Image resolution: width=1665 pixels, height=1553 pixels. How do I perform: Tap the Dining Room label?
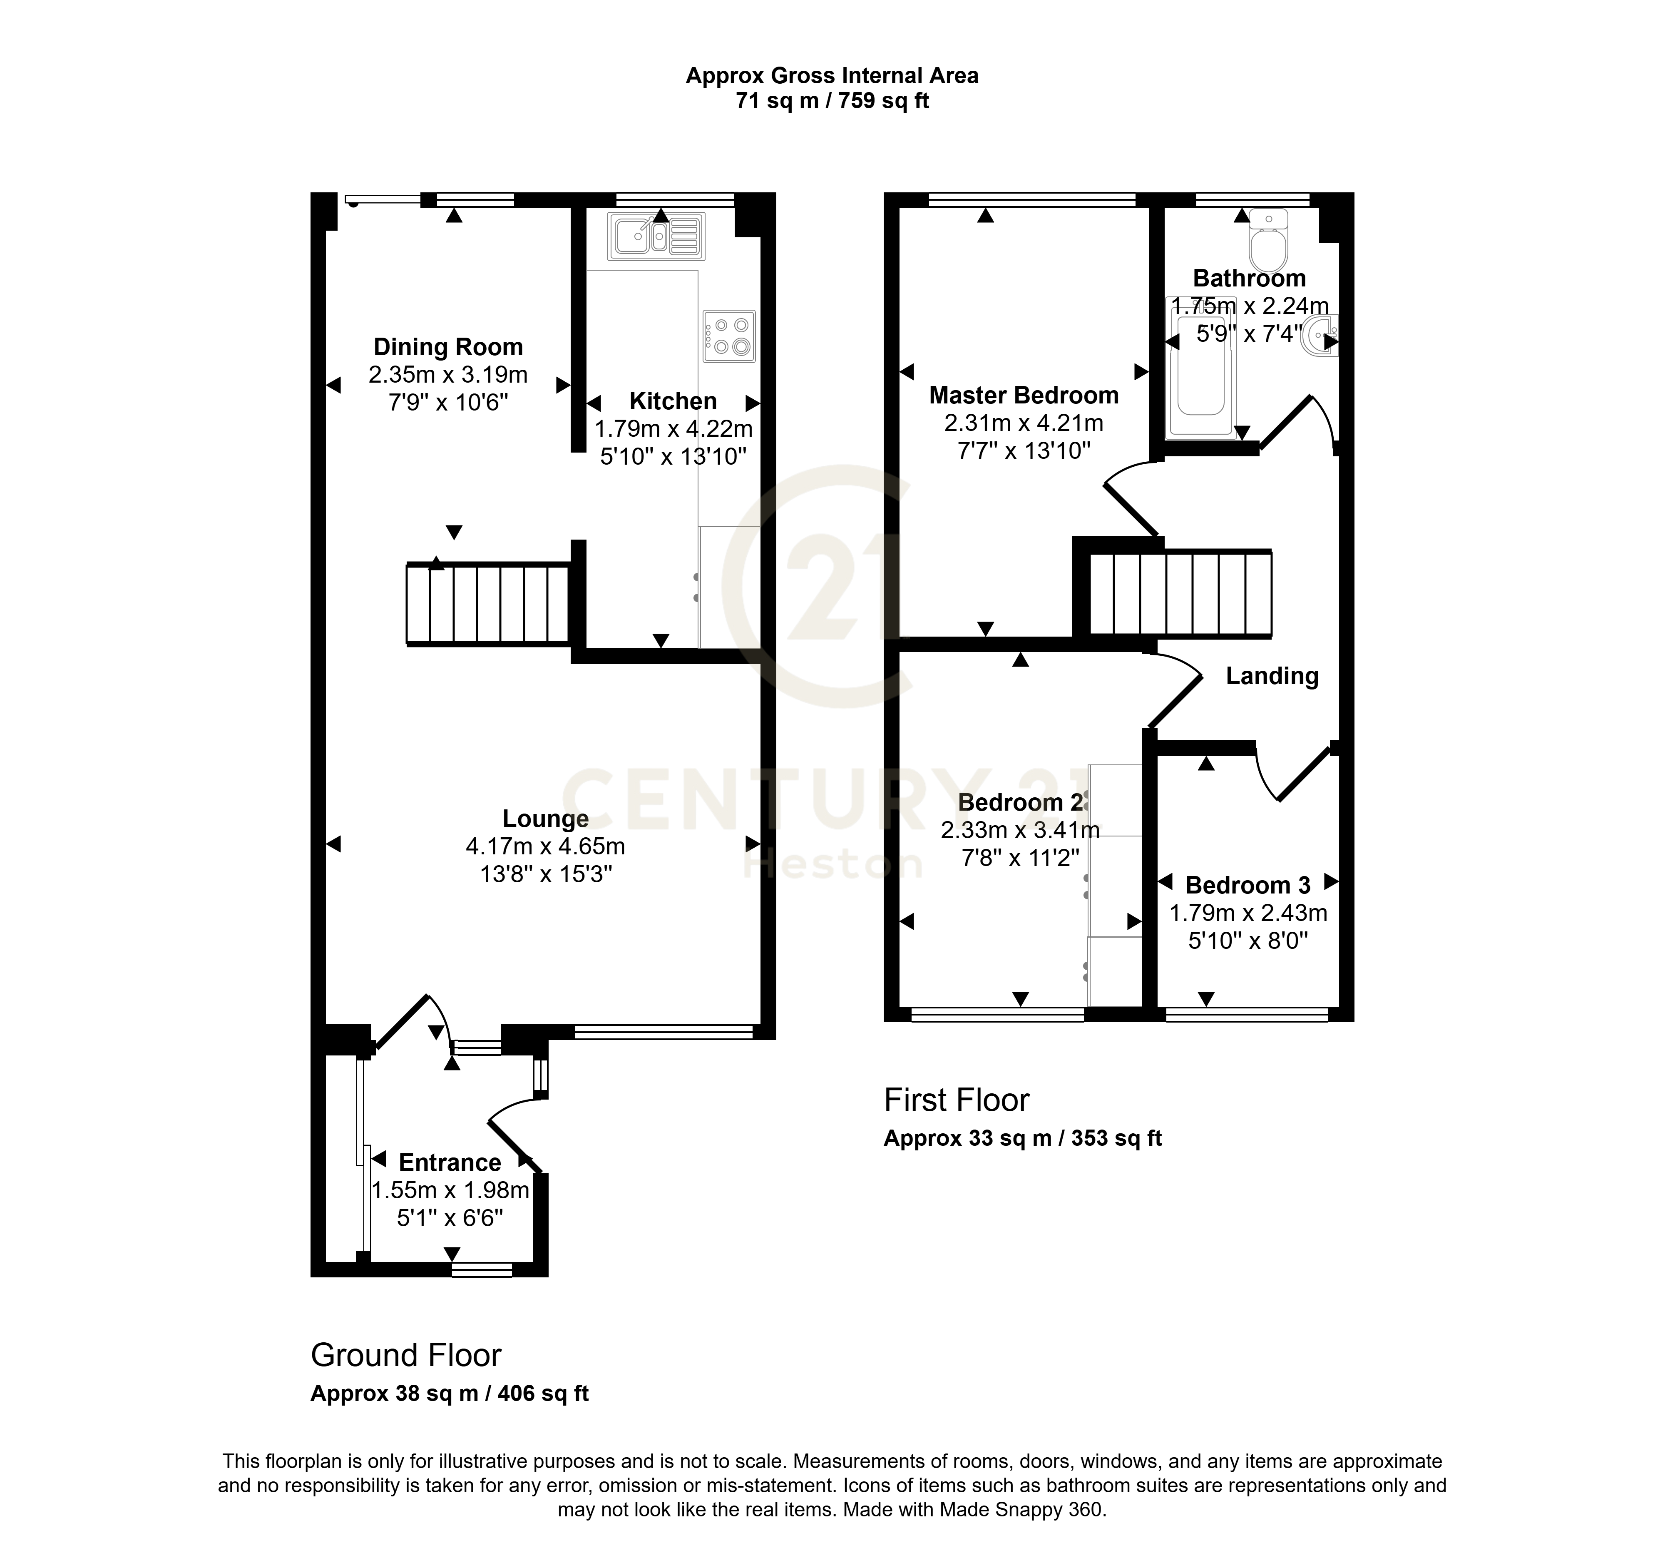pos(448,347)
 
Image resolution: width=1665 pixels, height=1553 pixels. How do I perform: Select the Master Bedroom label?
pos(1024,396)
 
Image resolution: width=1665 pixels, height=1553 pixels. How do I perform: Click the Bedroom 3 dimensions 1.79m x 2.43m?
pos(1248,913)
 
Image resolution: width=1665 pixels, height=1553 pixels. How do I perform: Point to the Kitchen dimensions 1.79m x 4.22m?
pos(673,429)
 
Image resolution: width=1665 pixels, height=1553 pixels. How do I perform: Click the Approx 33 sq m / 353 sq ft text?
pos(1023,1138)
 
